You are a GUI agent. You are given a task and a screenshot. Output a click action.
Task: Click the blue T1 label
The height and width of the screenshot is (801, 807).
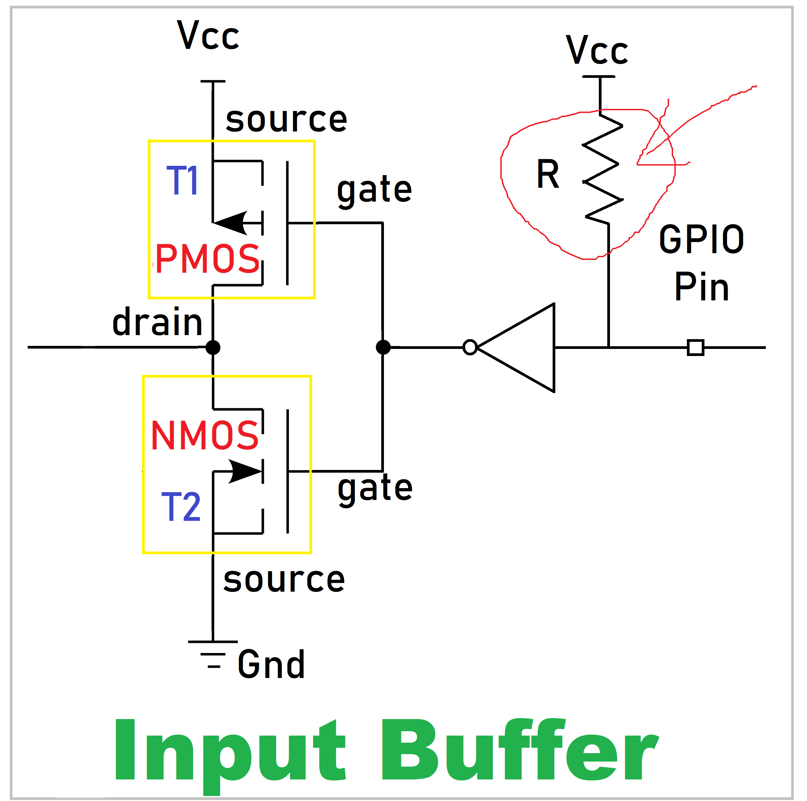click(182, 180)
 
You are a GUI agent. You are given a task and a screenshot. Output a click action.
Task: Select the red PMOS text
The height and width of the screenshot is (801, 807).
click(207, 259)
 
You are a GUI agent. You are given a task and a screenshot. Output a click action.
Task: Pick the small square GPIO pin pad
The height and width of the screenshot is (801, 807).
click(695, 347)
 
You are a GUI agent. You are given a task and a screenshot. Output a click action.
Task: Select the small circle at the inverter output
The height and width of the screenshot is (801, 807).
click(470, 347)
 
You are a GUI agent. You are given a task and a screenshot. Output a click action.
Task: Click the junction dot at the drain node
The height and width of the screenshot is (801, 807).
click(213, 347)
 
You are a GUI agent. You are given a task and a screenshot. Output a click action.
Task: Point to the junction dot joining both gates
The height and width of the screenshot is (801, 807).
click(383, 347)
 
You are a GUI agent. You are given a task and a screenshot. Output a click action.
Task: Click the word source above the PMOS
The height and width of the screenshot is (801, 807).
click(286, 119)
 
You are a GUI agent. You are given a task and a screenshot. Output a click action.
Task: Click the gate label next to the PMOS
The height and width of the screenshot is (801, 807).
click(375, 190)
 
